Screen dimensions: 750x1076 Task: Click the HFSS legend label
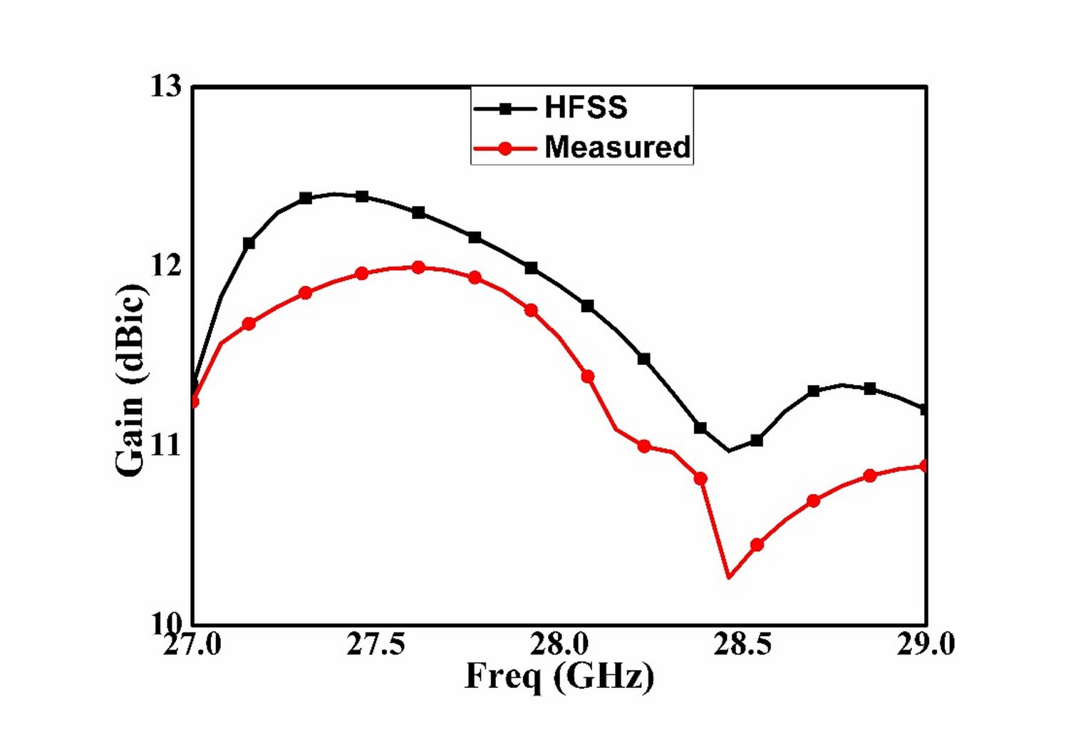[x=586, y=108]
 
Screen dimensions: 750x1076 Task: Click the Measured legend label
[x=617, y=147]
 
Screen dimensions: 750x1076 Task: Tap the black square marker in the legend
[x=505, y=109]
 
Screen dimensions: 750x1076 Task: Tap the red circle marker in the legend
[x=505, y=148]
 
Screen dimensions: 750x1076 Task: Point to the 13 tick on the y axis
[x=165, y=86]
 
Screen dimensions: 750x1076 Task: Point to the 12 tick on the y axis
[x=165, y=265]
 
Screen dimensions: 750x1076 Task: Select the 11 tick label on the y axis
[x=165, y=446]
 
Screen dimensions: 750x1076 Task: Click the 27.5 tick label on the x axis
[x=376, y=644]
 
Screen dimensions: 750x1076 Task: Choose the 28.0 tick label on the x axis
[x=559, y=644]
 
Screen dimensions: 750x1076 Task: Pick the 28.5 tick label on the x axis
[x=743, y=644]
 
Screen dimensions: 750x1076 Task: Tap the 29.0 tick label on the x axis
[x=925, y=644]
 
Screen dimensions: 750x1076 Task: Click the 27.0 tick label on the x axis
[x=192, y=644]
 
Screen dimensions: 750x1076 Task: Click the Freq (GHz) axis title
[x=559, y=676]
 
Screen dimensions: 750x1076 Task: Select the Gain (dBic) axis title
[x=130, y=379]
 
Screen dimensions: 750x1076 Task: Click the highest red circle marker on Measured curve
[x=418, y=267]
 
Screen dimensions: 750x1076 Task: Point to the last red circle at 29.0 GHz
[x=925, y=466]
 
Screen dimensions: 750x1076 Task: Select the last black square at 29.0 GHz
[x=925, y=410]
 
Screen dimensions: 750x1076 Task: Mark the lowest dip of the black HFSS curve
[x=729, y=451]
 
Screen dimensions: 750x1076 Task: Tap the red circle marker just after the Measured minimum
[x=757, y=545]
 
